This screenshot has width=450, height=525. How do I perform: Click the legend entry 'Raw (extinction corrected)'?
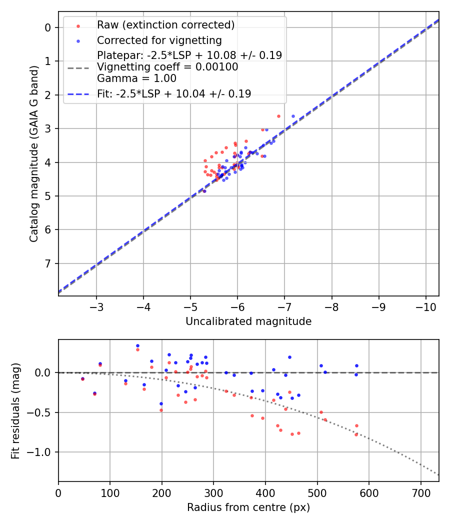165,24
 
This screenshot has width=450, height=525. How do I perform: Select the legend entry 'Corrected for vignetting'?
159,39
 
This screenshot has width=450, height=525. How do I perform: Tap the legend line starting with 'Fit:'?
174,93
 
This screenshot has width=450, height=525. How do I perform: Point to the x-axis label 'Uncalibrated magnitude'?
248,321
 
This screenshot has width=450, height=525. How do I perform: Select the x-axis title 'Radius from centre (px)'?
248,507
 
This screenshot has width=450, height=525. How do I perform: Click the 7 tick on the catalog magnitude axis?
48,263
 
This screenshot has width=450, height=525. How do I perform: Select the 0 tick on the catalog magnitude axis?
48,27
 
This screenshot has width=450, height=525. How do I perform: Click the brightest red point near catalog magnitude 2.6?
278,116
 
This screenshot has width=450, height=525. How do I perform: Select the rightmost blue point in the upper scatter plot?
293,116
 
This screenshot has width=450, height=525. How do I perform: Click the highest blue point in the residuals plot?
137,345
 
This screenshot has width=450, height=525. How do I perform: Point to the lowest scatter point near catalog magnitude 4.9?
204,191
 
